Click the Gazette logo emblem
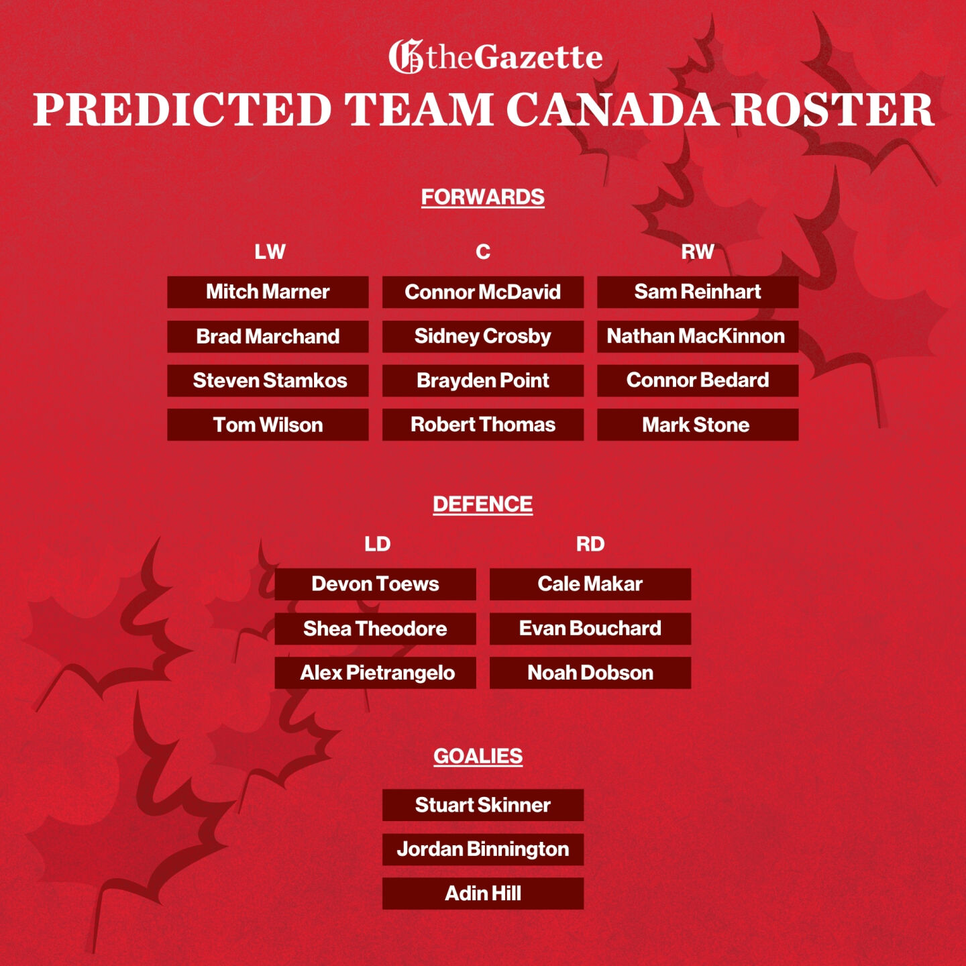click(406, 56)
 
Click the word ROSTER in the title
click(832, 109)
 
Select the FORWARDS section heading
click(482, 197)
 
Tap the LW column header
click(270, 252)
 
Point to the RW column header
click(697, 252)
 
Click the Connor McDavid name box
click(482, 292)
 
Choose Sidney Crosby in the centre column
click(482, 336)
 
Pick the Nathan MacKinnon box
click(697, 336)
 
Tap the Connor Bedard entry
click(697, 380)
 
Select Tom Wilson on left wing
click(268, 425)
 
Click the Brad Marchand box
click(268, 336)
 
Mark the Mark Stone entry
click(697, 425)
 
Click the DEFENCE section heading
click(482, 504)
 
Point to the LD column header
click(377, 544)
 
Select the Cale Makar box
click(590, 584)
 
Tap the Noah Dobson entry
click(590, 673)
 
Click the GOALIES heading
click(478, 756)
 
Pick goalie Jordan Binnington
click(482, 849)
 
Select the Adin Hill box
click(482, 894)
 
